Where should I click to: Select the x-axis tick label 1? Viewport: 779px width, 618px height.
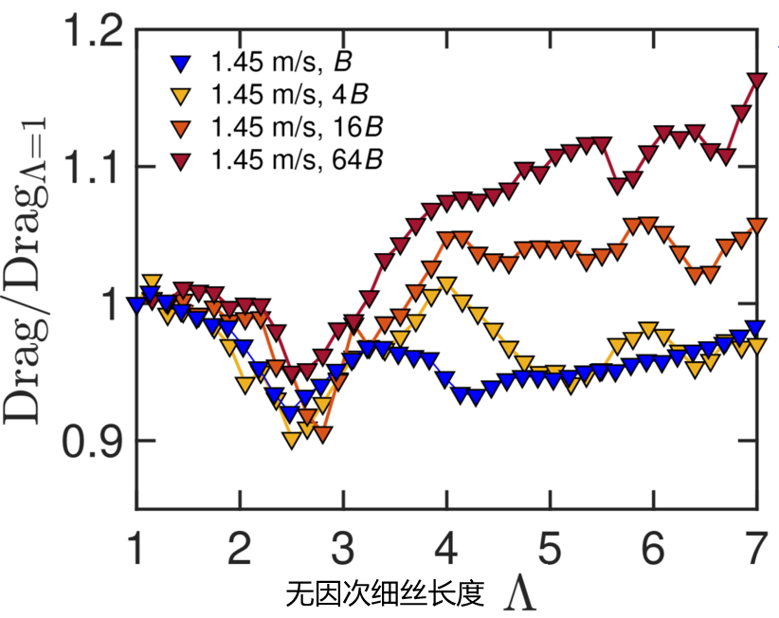click(138, 546)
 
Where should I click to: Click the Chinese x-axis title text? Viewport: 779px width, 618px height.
click(385, 593)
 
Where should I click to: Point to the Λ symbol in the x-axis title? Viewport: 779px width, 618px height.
click(522, 593)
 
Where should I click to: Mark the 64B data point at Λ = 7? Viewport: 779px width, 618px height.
click(756, 82)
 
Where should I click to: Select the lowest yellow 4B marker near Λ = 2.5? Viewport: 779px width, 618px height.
click(291, 440)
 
